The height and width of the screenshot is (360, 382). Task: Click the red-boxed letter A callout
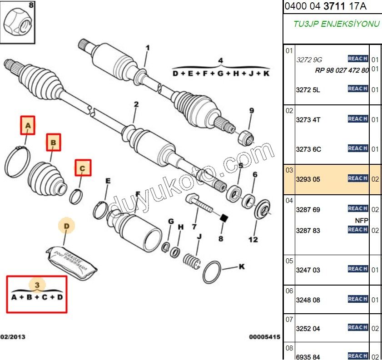click(28, 125)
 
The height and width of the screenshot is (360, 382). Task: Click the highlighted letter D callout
click(66, 226)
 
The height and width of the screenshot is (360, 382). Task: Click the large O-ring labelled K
click(213, 272)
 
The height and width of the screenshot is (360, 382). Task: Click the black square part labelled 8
click(223, 219)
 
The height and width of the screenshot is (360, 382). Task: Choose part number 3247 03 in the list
click(308, 270)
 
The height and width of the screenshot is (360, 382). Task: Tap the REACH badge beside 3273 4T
click(357, 119)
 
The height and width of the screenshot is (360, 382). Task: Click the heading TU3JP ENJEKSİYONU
click(336, 24)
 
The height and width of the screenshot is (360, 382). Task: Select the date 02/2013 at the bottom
click(13, 337)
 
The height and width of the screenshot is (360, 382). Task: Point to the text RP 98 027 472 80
click(342, 70)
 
